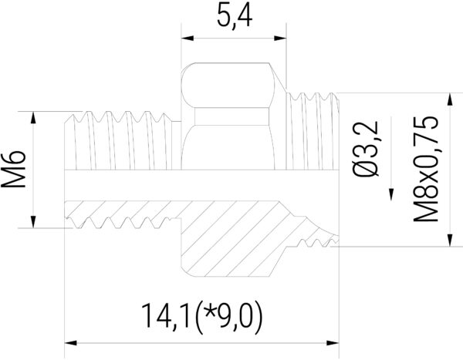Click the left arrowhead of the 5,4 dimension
pos(185,37)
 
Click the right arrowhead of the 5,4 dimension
pos(282,37)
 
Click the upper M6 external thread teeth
pos(123,119)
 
